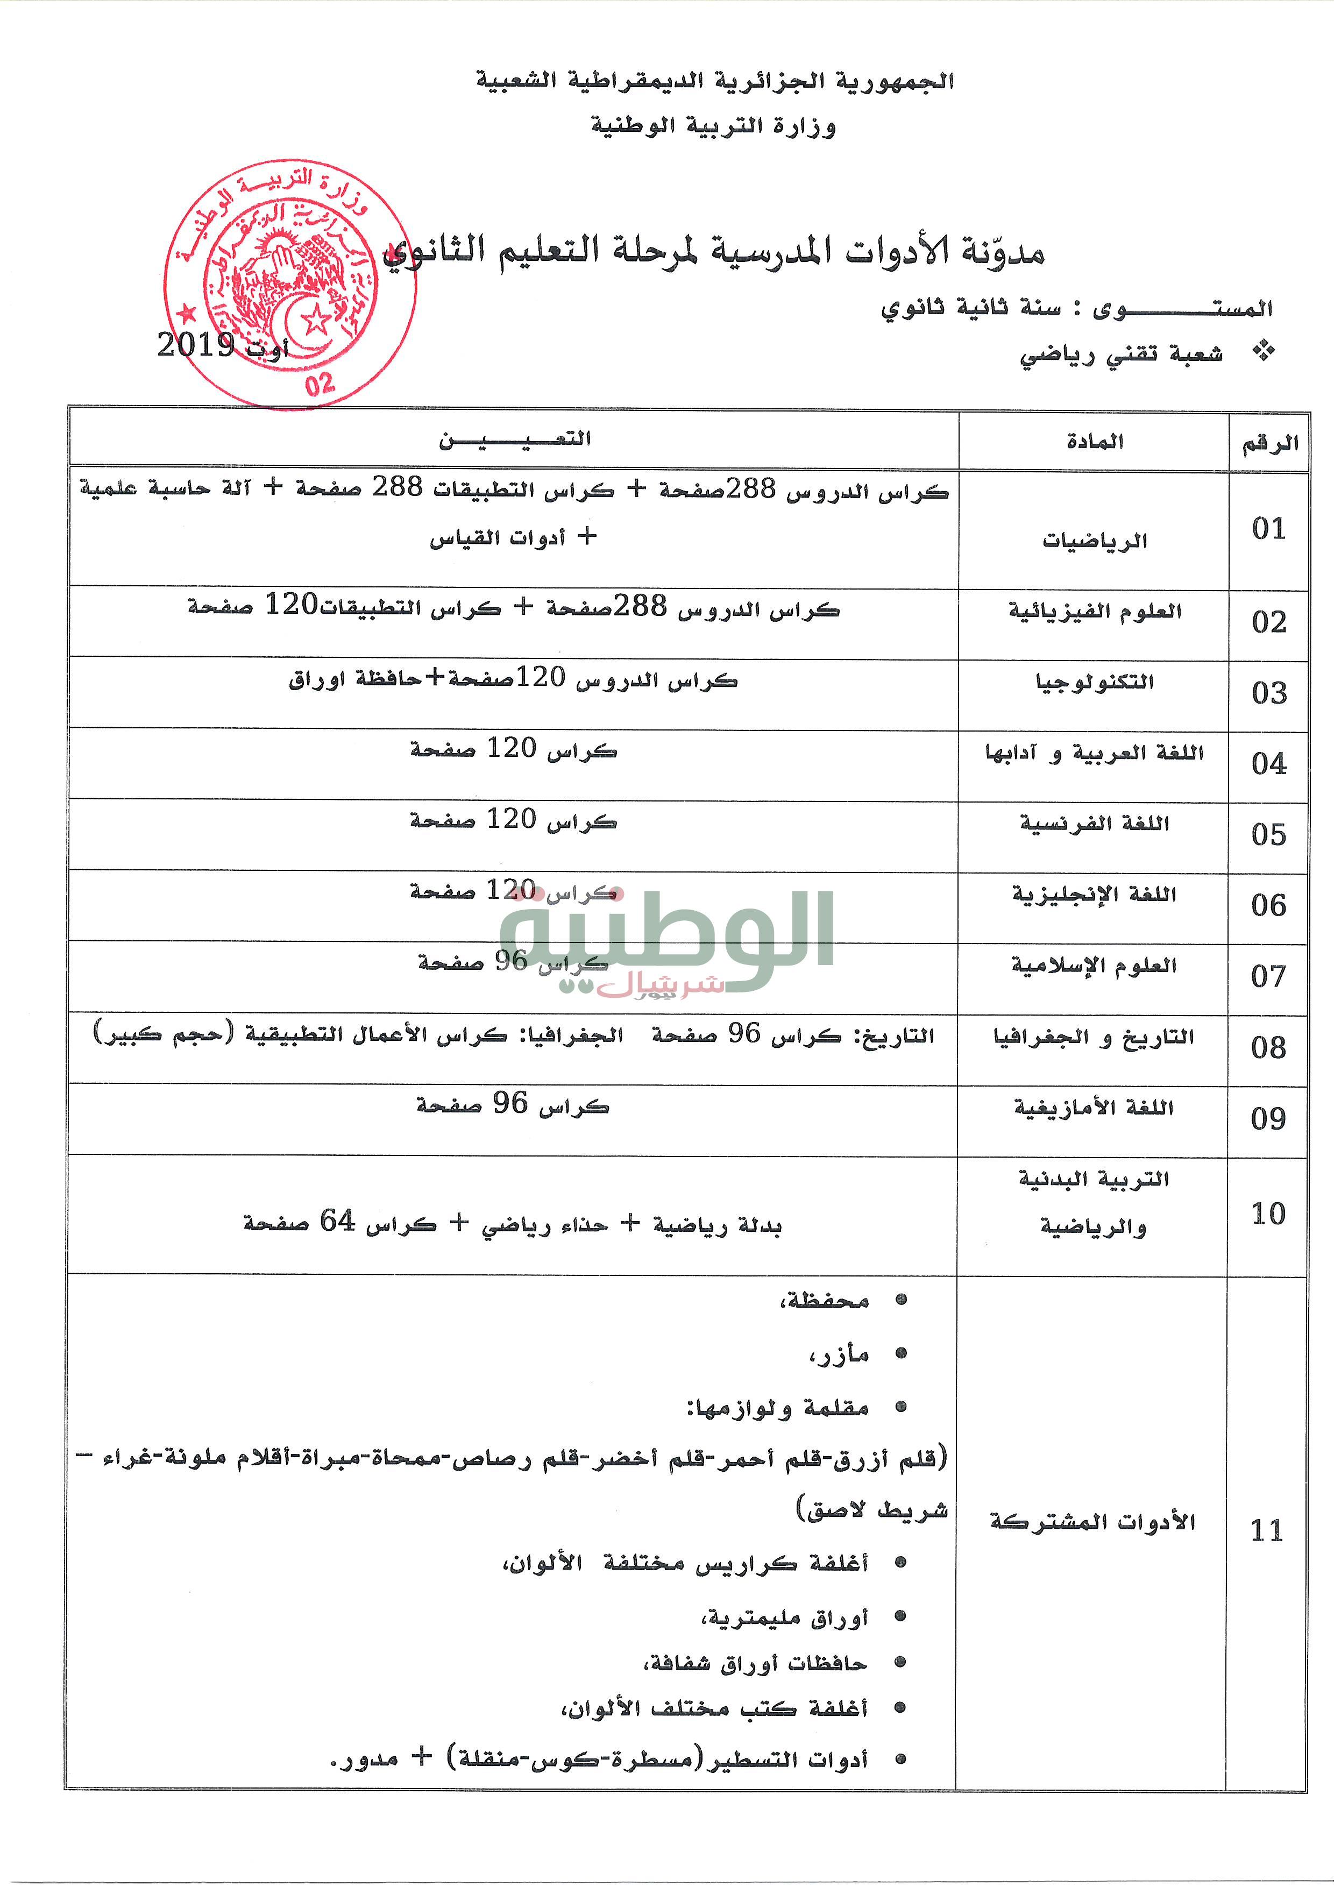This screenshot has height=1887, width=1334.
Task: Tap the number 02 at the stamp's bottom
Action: point(320,383)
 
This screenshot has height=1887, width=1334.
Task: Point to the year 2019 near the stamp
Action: point(196,345)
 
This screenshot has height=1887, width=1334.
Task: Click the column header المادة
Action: point(1094,442)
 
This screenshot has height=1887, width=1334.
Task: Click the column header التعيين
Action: point(515,439)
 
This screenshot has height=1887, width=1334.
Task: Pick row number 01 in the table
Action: point(1268,528)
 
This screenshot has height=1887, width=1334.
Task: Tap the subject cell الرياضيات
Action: point(1094,541)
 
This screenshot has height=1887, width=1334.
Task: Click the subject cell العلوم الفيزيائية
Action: point(1095,612)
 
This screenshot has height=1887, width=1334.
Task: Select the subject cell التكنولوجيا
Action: point(1094,682)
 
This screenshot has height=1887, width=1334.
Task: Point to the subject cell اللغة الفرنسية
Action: point(1094,824)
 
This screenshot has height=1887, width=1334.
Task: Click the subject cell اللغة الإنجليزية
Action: point(1094,894)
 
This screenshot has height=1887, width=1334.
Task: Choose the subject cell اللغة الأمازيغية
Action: point(1093,1108)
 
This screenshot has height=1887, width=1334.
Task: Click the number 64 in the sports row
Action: point(337,1222)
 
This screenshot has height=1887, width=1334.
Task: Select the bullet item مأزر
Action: point(839,1354)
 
